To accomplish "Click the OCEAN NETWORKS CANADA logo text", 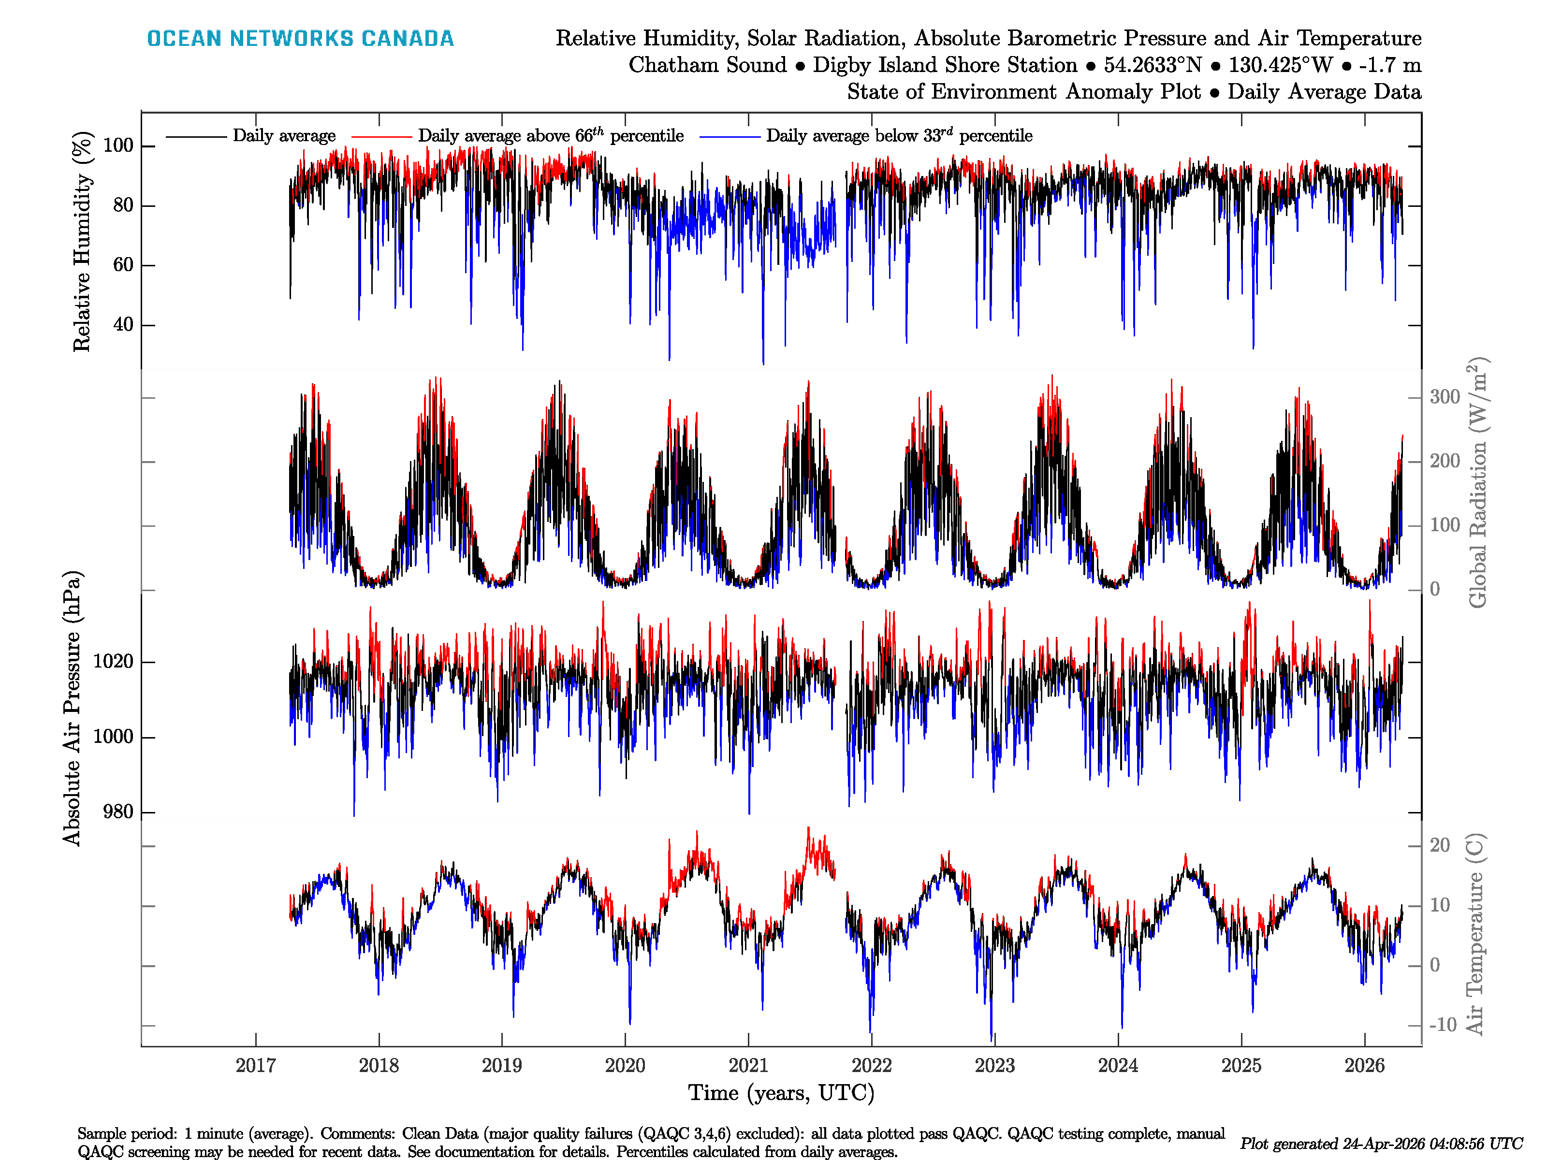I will tap(300, 39).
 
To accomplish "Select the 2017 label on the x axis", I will tap(255, 1066).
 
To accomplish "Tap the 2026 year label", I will tap(1364, 1066).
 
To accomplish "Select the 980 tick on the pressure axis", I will tap(118, 812).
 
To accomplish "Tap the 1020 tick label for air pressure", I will tap(113, 662).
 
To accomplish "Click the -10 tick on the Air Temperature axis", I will tap(1442, 1026).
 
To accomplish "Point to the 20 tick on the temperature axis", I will tap(1439, 845).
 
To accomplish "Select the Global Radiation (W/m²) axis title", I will tap(1477, 482).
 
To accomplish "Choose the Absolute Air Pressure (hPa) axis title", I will tap(72, 708).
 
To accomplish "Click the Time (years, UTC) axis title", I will tap(781, 1093).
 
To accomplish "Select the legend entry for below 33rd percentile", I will tap(899, 136).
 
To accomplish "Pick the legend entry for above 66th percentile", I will tap(551, 136).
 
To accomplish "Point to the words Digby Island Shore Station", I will tap(945, 65).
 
